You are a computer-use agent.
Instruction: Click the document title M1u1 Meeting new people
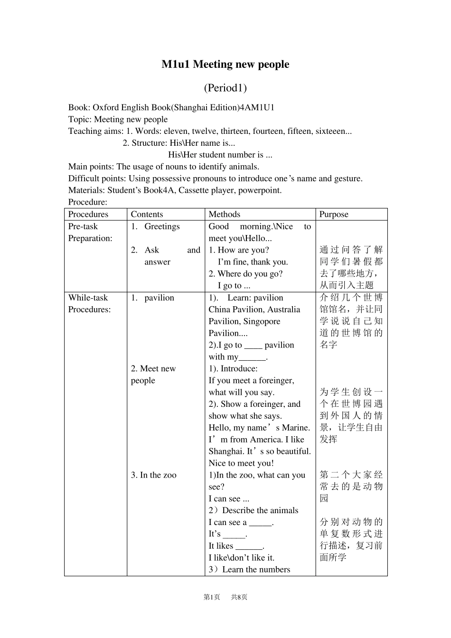(225, 65)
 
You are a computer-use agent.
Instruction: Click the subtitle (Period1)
(225, 88)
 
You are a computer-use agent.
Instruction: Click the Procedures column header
(88, 214)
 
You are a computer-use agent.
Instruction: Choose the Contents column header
(147, 214)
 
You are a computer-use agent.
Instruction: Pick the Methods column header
(225, 214)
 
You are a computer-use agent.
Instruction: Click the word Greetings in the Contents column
(162, 226)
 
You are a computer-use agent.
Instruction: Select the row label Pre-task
(83, 226)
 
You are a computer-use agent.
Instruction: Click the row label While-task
(88, 298)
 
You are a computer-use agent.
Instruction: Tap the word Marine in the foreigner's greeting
(295, 428)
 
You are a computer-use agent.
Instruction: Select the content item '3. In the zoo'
(153, 475)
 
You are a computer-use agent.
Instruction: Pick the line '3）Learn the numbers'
(249, 570)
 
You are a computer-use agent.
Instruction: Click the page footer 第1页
(212, 597)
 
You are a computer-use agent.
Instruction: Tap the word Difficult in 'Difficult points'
(84, 178)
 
